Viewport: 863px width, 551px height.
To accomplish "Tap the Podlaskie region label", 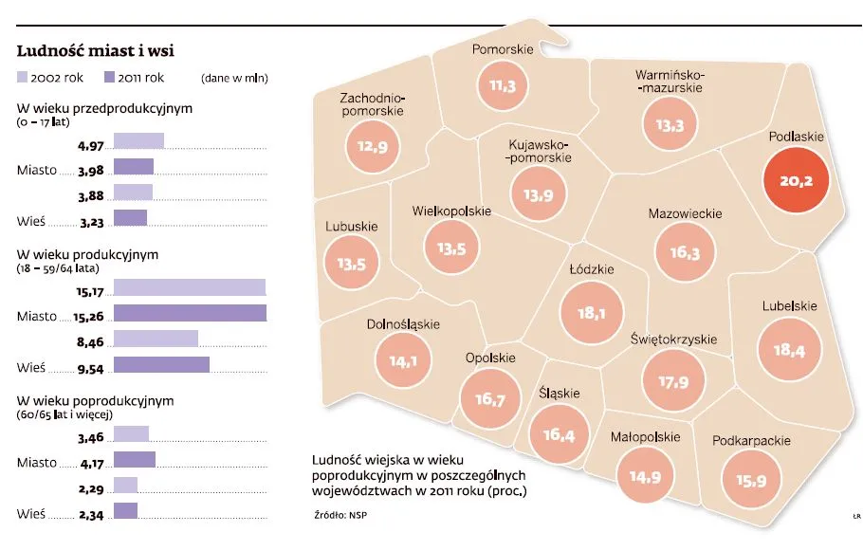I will [x=796, y=137].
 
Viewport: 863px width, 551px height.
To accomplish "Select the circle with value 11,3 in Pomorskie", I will [x=502, y=85].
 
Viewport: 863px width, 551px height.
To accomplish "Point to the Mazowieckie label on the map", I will [x=685, y=214].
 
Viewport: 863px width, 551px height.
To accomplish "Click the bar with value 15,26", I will [x=190, y=313].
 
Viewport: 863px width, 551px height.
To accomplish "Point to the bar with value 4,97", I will [x=138, y=141].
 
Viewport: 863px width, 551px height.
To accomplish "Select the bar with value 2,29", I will [x=125, y=486].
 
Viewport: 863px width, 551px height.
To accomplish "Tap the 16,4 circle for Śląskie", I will [x=559, y=434].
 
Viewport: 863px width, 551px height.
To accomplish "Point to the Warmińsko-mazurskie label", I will [x=670, y=81].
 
